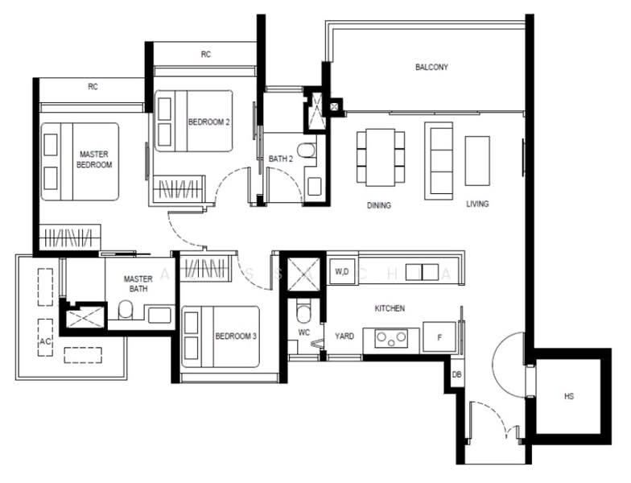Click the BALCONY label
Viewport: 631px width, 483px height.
pyautogui.click(x=431, y=68)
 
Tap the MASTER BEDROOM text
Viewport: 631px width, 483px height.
pyautogui.click(x=94, y=159)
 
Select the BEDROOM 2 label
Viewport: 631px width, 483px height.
pyautogui.click(x=208, y=122)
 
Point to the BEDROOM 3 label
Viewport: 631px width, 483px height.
pyautogui.click(x=235, y=336)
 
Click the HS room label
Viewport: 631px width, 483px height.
pyautogui.click(x=569, y=397)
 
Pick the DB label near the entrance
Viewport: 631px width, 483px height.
pyautogui.click(x=456, y=375)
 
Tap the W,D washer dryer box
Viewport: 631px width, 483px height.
pyautogui.click(x=341, y=272)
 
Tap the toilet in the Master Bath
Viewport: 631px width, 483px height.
pyautogui.click(x=126, y=312)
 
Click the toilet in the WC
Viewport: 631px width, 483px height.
pyautogui.click(x=302, y=311)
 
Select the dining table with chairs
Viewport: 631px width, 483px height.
pyautogui.click(x=381, y=157)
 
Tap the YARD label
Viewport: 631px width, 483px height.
pyautogui.click(x=344, y=337)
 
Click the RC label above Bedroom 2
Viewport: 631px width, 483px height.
pyautogui.click(x=206, y=55)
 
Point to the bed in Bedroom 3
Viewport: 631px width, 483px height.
pyautogui.click(x=219, y=336)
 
